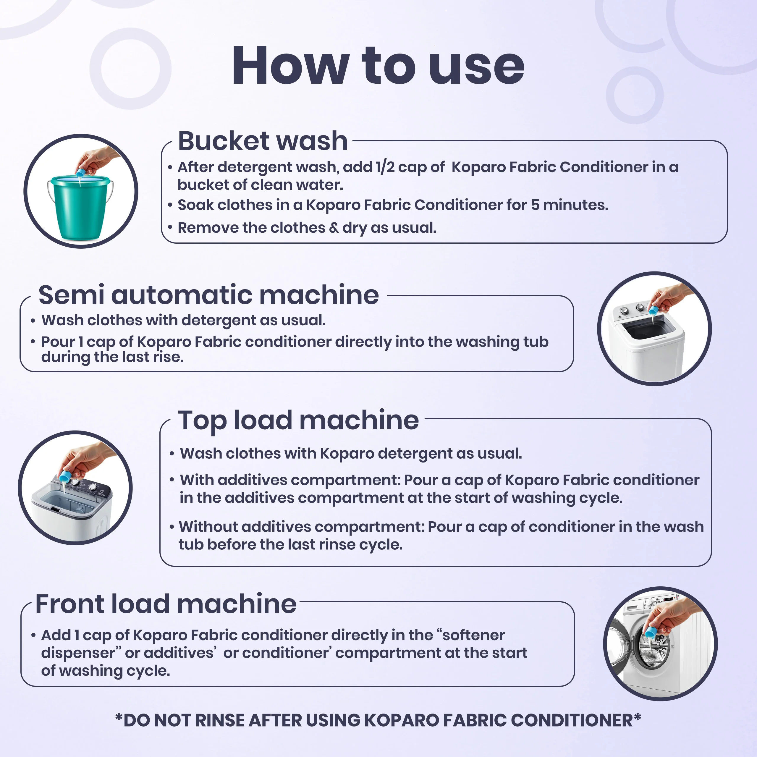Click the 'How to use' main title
point(378,65)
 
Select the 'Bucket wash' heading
point(263,141)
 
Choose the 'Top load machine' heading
point(299,421)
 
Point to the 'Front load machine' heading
point(166,604)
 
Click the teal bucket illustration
point(80,208)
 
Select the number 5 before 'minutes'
point(535,205)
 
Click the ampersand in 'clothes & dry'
point(334,228)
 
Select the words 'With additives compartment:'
point(290,480)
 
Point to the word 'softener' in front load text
point(473,635)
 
